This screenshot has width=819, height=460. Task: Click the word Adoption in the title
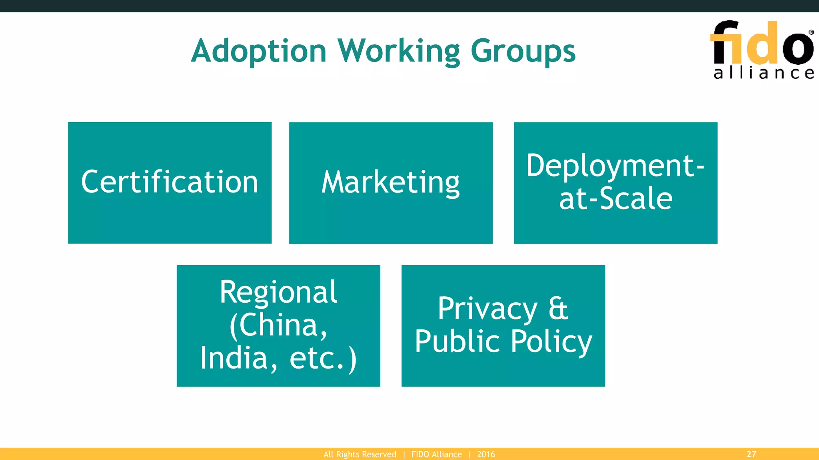259,51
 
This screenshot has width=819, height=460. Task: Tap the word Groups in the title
523,51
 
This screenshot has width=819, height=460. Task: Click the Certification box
170,182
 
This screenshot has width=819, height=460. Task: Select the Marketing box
391,182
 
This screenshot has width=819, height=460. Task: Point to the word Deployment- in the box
615,165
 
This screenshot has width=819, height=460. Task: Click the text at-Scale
615,198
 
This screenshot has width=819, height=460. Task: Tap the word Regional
278,292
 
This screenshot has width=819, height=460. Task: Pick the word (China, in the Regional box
278,325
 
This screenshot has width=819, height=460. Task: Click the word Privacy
487,308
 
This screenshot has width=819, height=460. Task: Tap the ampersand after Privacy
558,308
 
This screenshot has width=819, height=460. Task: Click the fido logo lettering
761,43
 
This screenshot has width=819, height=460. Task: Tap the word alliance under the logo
764,73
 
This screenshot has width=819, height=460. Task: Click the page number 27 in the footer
751,454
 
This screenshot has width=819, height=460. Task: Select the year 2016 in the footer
486,454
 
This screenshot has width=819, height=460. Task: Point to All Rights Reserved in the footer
360,454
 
